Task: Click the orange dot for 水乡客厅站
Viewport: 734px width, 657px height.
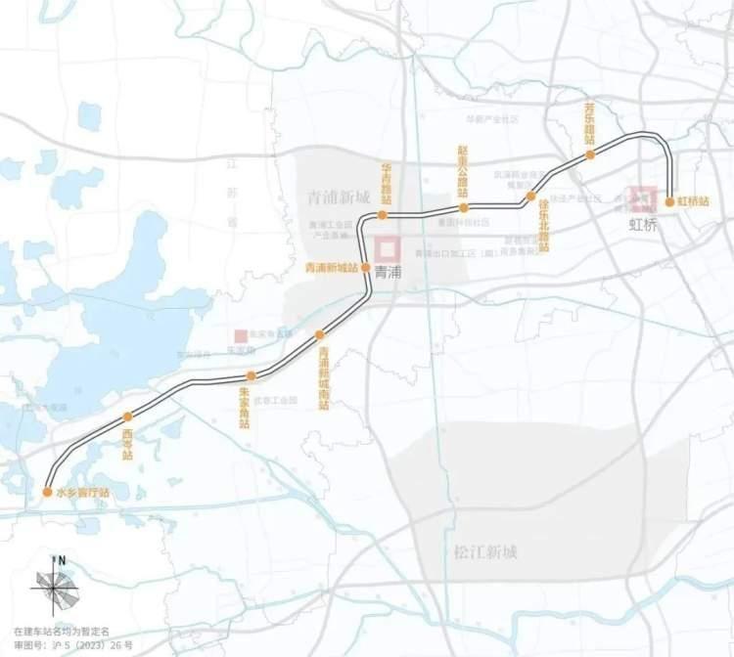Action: point(47,492)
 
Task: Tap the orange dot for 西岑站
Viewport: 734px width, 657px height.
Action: point(127,417)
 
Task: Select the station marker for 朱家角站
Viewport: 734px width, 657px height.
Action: point(252,375)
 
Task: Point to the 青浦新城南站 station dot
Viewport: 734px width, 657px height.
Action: point(319,335)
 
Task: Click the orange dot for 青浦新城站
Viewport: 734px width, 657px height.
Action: point(365,267)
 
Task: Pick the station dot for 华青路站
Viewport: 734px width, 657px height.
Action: point(385,214)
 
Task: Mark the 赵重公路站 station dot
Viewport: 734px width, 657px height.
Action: point(464,207)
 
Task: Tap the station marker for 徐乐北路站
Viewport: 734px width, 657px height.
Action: point(531,197)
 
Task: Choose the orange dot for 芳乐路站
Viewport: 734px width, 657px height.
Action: point(590,154)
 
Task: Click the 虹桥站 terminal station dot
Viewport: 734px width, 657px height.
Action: point(669,202)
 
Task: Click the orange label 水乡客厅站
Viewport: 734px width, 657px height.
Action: point(83,493)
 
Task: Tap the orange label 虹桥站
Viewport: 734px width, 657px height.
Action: point(694,202)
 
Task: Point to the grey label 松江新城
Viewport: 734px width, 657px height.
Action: point(485,552)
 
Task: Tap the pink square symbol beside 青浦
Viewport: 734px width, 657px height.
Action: point(390,247)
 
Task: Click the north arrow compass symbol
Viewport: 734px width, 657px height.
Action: point(57,585)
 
